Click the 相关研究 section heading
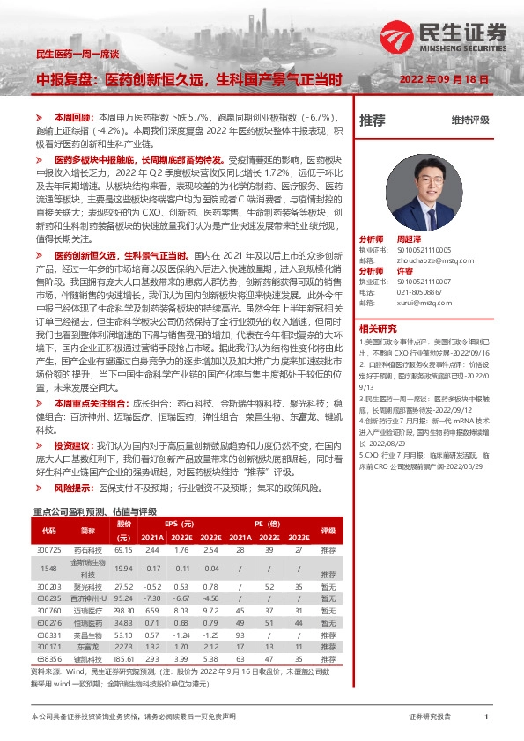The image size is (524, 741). pos(376,326)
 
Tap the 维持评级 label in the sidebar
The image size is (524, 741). pos(469,120)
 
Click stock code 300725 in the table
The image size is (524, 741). pos(49,549)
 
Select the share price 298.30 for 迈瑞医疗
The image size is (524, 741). pos(123,610)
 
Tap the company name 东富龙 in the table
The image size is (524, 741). pos(87,645)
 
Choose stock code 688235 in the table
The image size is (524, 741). pos(49,598)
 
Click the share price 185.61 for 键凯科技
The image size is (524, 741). pos(123,657)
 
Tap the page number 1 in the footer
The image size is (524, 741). pos(485,717)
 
